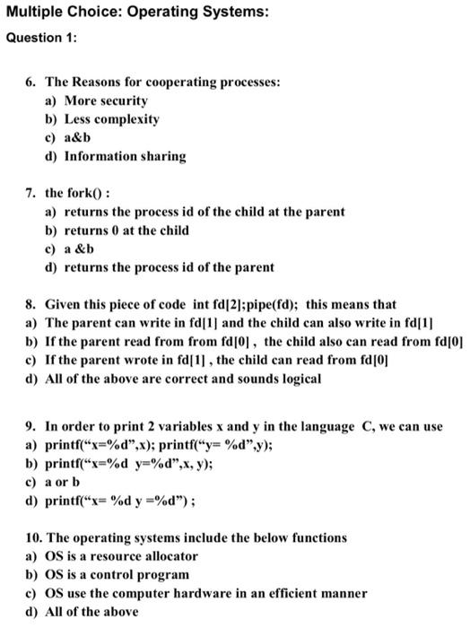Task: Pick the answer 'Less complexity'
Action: [x=114, y=118]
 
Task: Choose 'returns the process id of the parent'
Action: [x=170, y=267]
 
